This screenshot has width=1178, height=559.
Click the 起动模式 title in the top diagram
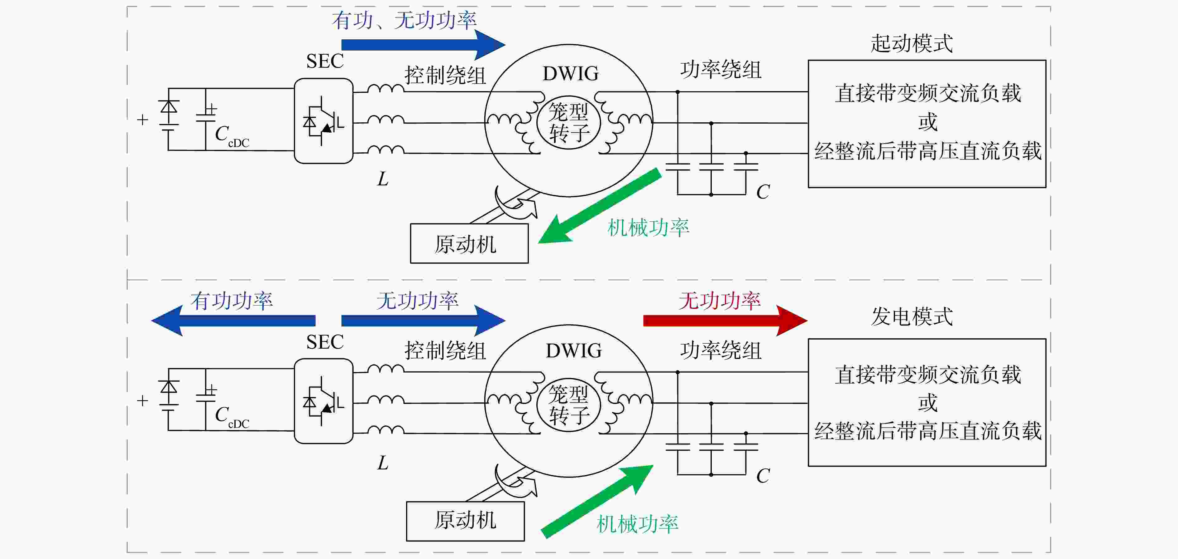[912, 43]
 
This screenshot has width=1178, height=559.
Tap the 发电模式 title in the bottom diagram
[912, 316]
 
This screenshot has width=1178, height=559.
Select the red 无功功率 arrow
[725, 321]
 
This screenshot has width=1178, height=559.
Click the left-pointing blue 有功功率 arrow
[233, 321]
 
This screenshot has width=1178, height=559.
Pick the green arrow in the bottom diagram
[597, 501]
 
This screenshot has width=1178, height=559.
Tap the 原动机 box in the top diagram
[469, 243]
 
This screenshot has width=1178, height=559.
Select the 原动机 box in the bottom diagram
[465, 521]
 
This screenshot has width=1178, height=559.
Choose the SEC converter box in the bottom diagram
[323, 401]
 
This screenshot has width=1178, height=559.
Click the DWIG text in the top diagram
[570, 74]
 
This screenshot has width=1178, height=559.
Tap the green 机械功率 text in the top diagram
[648, 228]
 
